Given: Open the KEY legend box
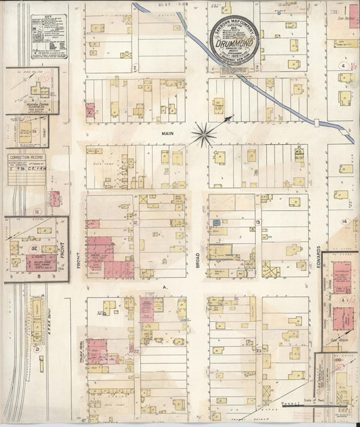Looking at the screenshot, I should click(x=49, y=33).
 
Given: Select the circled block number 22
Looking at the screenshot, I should click(x=137, y=351).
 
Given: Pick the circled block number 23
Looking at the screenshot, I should click(x=258, y=351).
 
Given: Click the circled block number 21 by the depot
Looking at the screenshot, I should click(x=38, y=349).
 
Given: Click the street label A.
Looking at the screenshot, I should click(x=163, y=286).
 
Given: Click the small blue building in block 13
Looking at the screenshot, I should click(x=217, y=222).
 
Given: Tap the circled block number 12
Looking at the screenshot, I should click(x=136, y=222).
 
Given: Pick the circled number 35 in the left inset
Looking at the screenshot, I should click(x=34, y=131).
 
